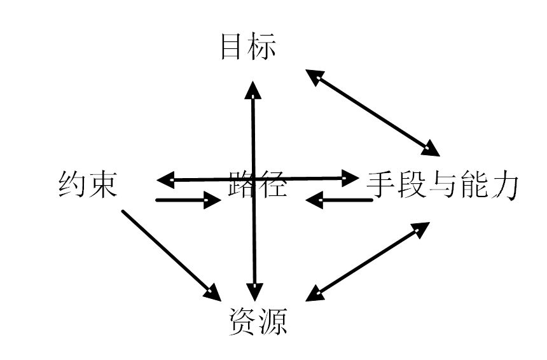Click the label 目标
[248, 47]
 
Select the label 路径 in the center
[258, 185]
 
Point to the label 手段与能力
[443, 186]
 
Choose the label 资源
[258, 321]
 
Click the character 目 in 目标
[233, 47]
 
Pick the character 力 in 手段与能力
[505, 186]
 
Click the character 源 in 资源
[273, 321]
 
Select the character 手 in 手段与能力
[382, 186]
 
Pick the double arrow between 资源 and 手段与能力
[368, 261]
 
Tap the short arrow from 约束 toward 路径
[188, 200]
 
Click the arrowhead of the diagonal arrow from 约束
[213, 293]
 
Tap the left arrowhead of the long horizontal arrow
[164, 178]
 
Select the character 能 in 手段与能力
[473, 186]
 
